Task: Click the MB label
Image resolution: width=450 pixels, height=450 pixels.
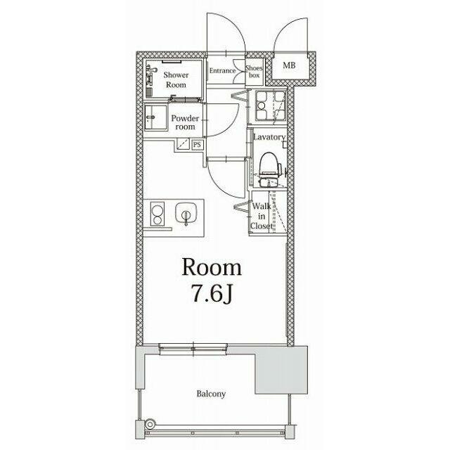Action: pos(289,65)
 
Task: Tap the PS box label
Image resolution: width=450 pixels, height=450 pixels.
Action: pos(197,145)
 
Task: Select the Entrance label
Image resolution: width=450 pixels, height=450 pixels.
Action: pos(222,70)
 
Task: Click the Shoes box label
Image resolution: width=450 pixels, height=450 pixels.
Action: pos(254,72)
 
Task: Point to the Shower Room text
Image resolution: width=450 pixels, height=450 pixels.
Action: pos(176,79)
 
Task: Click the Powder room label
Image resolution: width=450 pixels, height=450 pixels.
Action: pos(185,122)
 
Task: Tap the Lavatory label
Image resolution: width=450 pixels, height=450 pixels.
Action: pos(269,137)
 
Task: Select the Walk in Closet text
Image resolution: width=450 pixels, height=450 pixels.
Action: pos(261,216)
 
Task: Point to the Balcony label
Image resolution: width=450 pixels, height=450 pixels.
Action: pos(211,394)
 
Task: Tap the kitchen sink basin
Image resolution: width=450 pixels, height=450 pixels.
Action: pos(186,214)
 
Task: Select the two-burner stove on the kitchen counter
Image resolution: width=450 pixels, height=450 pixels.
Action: pos(157,214)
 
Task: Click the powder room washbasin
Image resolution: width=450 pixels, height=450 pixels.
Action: pos(155,117)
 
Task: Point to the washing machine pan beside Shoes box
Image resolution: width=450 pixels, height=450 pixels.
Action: pos(270,106)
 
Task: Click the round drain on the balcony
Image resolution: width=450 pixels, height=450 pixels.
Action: pos(150,423)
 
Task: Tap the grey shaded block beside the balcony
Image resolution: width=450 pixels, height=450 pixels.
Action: pos(281,370)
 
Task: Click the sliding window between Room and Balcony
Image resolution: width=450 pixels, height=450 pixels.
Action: pos(193,349)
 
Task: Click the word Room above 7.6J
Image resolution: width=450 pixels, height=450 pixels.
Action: pos(212,267)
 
